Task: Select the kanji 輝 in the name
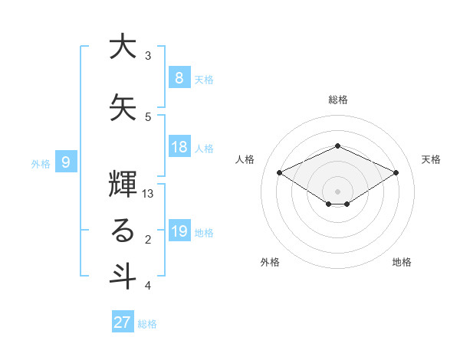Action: pyautogui.click(x=123, y=182)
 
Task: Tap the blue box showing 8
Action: pyautogui.click(x=179, y=78)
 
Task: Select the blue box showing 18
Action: pyautogui.click(x=179, y=147)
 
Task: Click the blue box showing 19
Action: pyautogui.click(x=179, y=232)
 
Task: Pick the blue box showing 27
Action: pyautogui.click(x=122, y=322)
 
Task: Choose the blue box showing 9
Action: pyautogui.click(x=66, y=162)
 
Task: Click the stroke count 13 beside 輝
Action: pyautogui.click(x=149, y=194)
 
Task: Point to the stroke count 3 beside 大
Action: pyautogui.click(x=148, y=56)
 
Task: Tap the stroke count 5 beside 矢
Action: pyautogui.click(x=148, y=116)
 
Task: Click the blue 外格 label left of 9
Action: pyautogui.click(x=41, y=163)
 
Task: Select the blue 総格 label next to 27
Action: pyautogui.click(x=147, y=324)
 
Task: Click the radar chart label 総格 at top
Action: pyautogui.click(x=337, y=100)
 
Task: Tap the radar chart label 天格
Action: pyautogui.click(x=431, y=159)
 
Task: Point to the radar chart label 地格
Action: pyautogui.click(x=402, y=262)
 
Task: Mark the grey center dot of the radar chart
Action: pyautogui.click(x=337, y=190)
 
